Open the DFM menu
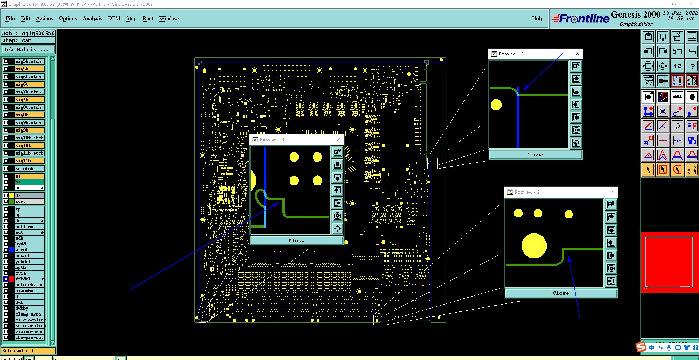114,18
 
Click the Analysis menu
92,18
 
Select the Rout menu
148,18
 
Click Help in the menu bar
537,18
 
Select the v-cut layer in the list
22,250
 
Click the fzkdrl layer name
23,279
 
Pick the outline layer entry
24,227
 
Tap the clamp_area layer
28,314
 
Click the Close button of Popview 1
296,241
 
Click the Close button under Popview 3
535,155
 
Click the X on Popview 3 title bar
577,54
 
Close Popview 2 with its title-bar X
612,192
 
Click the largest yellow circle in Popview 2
534,246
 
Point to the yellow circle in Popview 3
496,105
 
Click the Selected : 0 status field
28,351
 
